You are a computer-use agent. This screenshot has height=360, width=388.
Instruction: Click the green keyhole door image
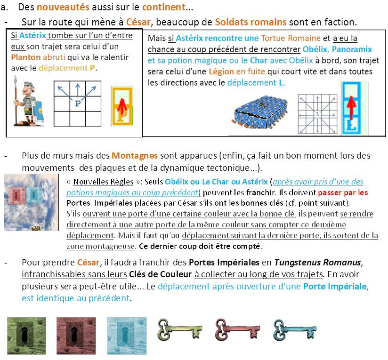click(26, 336)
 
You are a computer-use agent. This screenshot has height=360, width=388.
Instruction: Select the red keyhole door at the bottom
click(76, 336)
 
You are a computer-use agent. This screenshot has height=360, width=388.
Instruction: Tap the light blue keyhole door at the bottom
click(127, 336)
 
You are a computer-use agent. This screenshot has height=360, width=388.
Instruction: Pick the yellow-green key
click(180, 329)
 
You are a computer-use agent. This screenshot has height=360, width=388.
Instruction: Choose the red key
click(238, 329)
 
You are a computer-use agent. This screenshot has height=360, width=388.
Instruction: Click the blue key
click(295, 329)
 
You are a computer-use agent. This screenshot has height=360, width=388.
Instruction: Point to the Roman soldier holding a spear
click(29, 101)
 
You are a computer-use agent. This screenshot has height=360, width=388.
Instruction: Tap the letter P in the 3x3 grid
click(78, 104)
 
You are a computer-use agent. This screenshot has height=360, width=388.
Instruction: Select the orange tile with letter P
click(122, 106)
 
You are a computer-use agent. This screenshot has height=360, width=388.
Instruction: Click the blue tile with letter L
click(352, 108)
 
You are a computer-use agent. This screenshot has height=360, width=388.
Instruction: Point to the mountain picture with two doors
click(32, 202)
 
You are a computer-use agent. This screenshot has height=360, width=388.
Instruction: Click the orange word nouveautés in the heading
click(63, 7)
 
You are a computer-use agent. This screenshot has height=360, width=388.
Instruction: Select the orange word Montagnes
click(135, 155)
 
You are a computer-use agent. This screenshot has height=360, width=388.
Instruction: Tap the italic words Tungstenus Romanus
click(317, 262)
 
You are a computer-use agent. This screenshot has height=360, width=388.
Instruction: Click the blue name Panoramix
click(352, 49)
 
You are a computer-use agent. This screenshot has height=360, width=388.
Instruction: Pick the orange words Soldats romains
click(251, 22)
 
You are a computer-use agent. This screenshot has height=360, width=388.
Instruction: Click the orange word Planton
click(26, 57)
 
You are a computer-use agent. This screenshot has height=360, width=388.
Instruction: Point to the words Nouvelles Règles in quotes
click(103, 182)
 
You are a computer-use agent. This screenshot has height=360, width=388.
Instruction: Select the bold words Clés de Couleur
click(161, 274)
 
